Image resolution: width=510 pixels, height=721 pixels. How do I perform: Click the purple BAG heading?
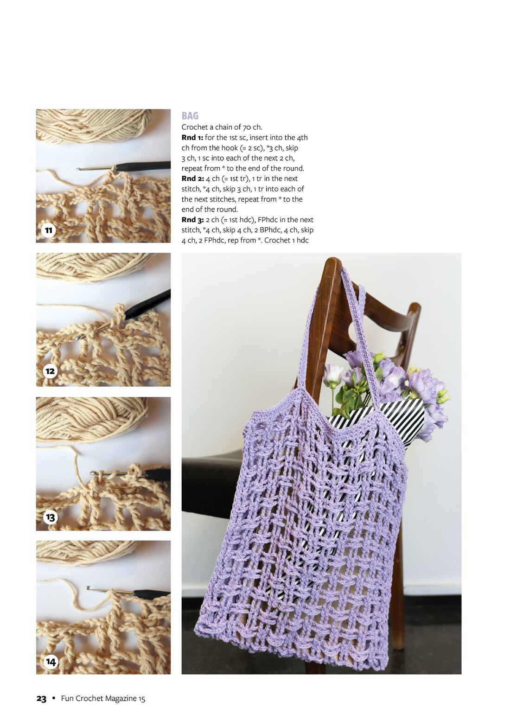pyautogui.click(x=190, y=116)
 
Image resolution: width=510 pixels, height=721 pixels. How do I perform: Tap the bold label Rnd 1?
pyautogui.click(x=192, y=138)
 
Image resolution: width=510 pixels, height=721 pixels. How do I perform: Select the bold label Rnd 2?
pyautogui.click(x=192, y=179)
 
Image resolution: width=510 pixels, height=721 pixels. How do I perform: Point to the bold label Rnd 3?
pyautogui.click(x=193, y=220)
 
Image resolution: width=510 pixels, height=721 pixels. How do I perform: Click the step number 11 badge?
pyautogui.click(x=49, y=230)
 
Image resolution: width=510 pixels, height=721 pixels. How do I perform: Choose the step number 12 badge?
pyautogui.click(x=50, y=371)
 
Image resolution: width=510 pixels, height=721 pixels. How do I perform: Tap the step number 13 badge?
pyautogui.click(x=51, y=517)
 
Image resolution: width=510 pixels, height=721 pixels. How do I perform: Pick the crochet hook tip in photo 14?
pyautogui.click(x=88, y=587)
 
